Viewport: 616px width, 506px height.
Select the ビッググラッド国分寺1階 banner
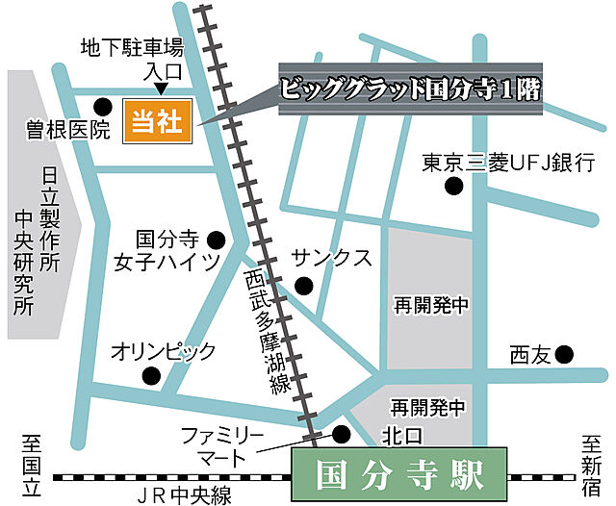pyautogui.click(x=409, y=90)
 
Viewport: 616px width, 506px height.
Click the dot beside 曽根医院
pyautogui.click(x=101, y=105)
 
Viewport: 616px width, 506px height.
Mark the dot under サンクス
pyautogui.click(x=304, y=284)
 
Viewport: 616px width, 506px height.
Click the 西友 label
pyautogui.click(x=529, y=355)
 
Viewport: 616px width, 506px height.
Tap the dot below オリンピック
pyautogui.click(x=150, y=375)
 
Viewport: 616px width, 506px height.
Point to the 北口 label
pyautogui.click(x=401, y=436)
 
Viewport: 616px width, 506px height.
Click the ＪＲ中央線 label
pyautogui.click(x=183, y=495)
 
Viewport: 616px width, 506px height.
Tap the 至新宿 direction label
pyautogui.click(x=590, y=465)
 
